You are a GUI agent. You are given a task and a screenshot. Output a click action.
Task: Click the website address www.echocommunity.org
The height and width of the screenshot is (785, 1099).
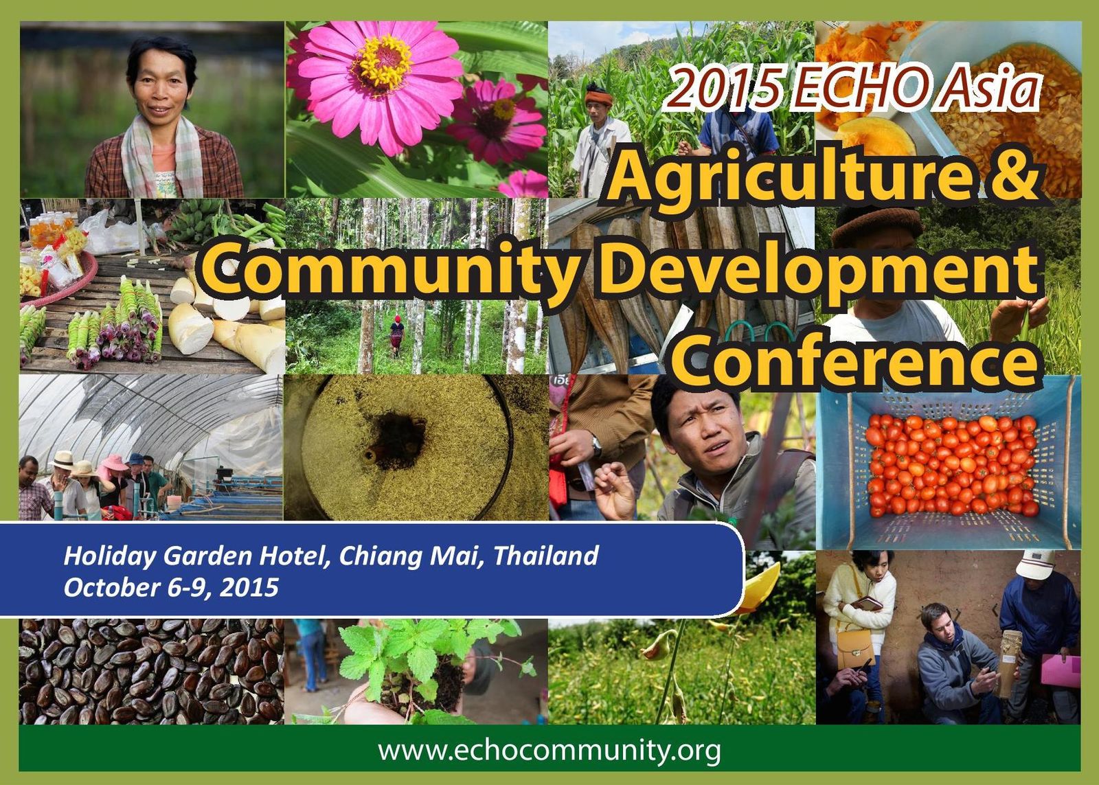pos(549,751)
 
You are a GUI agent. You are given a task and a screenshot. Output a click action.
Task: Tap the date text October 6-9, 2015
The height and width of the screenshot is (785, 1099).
pos(171,587)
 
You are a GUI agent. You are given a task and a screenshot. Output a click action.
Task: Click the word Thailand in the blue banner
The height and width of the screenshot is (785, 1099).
pos(545,556)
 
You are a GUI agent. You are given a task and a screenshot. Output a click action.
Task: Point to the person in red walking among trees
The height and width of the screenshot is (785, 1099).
pos(396,335)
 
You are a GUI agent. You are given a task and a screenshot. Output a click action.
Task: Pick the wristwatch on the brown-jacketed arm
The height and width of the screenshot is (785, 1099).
pos(596,446)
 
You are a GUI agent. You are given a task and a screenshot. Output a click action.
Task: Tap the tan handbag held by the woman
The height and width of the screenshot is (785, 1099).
pos(855,648)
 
